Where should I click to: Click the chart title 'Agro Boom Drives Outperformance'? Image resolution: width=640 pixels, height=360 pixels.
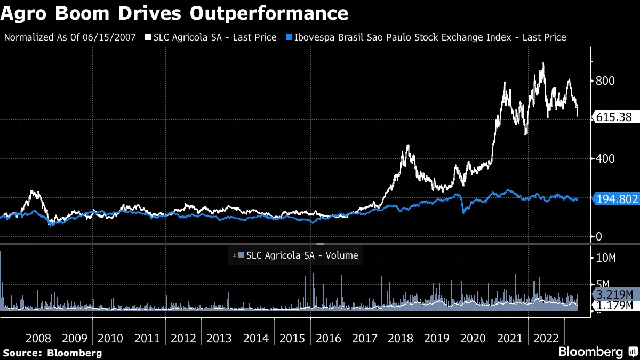point(174,13)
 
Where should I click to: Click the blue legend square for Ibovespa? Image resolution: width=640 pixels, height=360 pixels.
point(289,37)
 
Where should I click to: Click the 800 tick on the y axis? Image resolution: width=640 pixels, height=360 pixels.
point(605,81)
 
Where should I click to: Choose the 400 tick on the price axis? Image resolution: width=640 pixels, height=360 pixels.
point(605,158)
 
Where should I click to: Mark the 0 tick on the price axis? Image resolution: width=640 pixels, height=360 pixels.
point(598,236)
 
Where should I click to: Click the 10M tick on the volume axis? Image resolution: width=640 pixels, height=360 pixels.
point(606,258)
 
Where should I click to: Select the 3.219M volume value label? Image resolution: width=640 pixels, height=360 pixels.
point(614,294)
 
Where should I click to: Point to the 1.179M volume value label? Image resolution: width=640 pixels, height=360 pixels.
point(614,305)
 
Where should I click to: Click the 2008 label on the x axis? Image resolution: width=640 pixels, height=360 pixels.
point(38,339)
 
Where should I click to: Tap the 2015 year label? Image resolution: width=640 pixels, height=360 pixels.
point(292,339)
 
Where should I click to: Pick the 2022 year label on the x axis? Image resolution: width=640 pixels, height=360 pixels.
point(546,339)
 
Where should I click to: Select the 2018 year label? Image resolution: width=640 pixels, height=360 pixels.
point(401,339)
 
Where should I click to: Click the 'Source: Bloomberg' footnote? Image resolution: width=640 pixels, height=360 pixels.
point(52,353)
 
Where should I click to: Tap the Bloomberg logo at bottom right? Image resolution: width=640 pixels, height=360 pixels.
point(597,351)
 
